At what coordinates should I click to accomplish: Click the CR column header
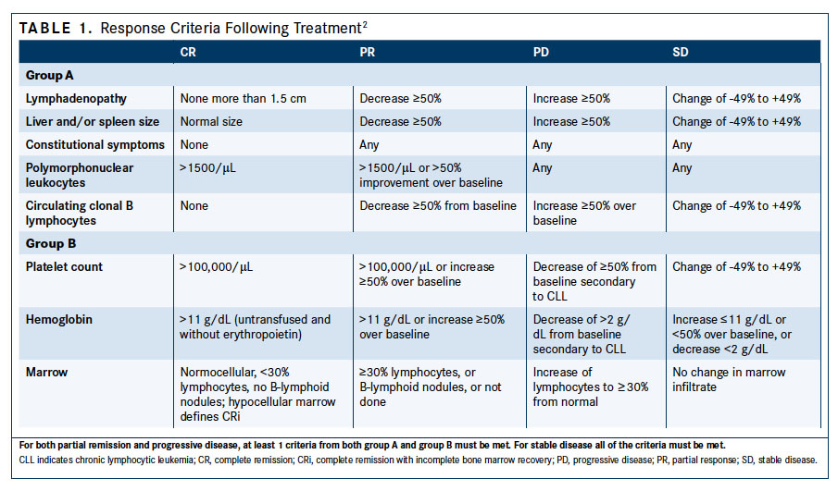pyautogui.click(x=188, y=53)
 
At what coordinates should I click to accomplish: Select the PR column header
pyautogui.click(x=367, y=53)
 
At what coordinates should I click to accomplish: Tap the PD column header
pyautogui.click(x=542, y=53)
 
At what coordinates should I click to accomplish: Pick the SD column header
pyautogui.click(x=681, y=53)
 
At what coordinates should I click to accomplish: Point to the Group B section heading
pyautogui.click(x=51, y=244)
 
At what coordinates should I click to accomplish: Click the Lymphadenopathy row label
pyautogui.click(x=76, y=98)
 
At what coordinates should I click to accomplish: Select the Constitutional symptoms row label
pyautogui.click(x=94, y=144)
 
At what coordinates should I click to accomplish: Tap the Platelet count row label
pyautogui.click(x=64, y=267)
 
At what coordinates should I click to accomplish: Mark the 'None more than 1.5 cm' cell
pyautogui.click(x=242, y=98)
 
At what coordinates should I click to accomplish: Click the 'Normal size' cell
pyautogui.click(x=209, y=121)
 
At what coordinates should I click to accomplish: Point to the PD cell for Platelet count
pyautogui.click(x=594, y=282)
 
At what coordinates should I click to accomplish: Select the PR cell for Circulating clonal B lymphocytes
pyautogui.click(x=437, y=206)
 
